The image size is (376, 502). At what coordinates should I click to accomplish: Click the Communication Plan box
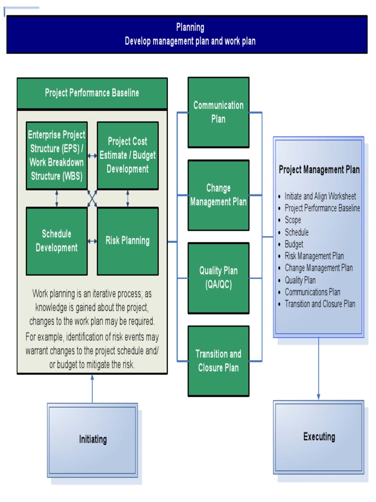218,112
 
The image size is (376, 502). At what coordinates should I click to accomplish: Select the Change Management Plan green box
218,195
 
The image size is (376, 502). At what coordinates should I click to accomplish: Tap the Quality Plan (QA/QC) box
218,278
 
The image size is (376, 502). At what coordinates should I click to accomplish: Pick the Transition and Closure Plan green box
218,361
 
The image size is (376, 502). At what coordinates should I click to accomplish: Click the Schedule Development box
56,241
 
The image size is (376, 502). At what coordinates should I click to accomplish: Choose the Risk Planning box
127,241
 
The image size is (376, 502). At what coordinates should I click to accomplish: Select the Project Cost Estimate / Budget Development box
127,155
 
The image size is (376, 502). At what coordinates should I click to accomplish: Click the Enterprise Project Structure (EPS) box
56,155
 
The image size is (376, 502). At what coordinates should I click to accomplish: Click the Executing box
319,437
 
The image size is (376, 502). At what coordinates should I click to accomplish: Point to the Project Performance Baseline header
92,93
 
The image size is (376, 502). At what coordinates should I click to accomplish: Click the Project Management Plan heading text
319,170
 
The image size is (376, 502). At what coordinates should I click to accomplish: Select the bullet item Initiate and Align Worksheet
320,197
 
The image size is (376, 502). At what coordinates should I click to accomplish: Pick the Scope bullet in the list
293,220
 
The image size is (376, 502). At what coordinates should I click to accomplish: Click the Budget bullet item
294,244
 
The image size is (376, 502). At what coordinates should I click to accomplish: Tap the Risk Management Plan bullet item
314,256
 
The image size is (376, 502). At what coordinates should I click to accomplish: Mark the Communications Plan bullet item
312,292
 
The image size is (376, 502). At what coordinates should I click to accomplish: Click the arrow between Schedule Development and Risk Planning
92,241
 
